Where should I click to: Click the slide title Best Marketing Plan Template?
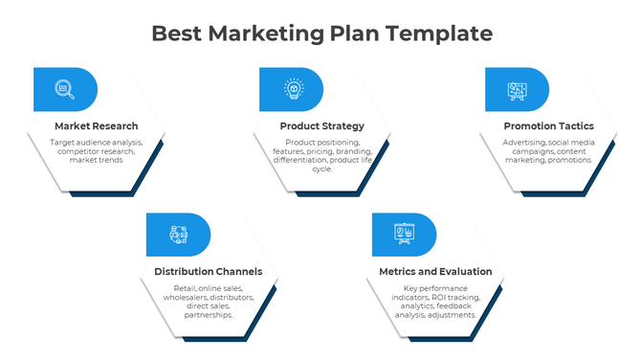coord(322,34)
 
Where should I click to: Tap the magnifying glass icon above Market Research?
coord(64,89)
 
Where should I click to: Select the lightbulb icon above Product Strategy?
coord(291,89)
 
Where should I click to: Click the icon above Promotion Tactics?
coord(517,89)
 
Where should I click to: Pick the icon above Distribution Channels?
coord(178,235)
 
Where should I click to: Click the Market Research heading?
coord(96,126)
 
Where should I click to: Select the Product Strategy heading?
coord(322,126)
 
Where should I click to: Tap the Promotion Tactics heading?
coord(548,126)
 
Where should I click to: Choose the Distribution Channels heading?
coord(209,272)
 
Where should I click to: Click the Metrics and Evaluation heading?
coord(435,272)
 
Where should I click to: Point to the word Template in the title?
coord(447,34)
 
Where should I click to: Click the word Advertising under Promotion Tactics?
coord(524,143)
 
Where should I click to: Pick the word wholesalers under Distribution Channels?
coord(179,297)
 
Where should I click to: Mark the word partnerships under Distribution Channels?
coord(208,314)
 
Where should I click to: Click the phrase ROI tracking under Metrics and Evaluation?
coord(459,297)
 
